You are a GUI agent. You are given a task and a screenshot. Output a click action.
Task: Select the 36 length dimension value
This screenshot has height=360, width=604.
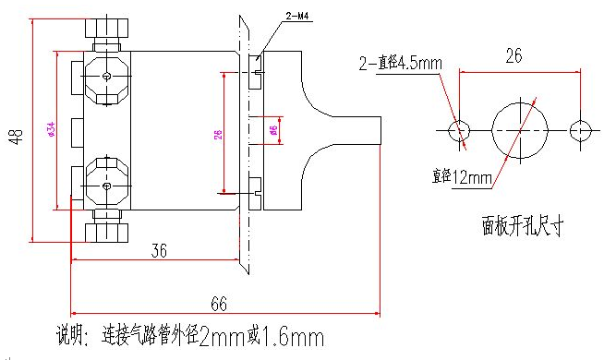click(159, 249)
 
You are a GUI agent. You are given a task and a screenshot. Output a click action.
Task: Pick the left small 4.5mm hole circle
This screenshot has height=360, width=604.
click(459, 130)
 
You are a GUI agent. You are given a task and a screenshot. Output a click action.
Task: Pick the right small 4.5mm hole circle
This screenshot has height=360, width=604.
click(578, 130)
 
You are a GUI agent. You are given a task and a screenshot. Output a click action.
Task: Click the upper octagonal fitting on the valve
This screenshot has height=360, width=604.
click(108, 75)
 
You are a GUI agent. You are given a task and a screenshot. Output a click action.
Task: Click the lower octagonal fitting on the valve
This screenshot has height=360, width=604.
click(108, 182)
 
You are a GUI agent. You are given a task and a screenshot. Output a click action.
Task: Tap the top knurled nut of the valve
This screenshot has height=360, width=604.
click(108, 29)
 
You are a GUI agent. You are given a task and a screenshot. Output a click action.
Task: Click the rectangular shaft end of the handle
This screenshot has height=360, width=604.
click(356, 130)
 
